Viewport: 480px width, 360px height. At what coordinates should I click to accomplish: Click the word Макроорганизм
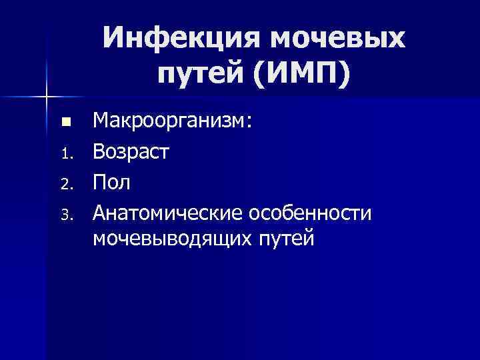click(170, 122)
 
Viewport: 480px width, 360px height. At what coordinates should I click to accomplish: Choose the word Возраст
click(131, 153)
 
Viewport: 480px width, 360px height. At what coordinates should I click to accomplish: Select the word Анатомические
click(167, 213)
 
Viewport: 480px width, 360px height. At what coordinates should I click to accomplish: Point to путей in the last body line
click(283, 238)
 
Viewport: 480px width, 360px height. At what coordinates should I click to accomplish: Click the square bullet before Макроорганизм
click(65, 123)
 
